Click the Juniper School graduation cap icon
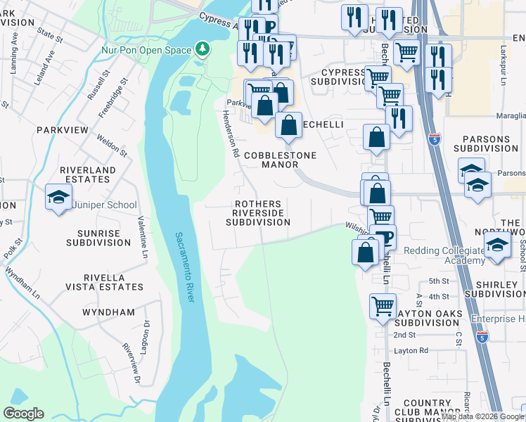[x=58, y=196]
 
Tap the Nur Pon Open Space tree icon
[x=203, y=49]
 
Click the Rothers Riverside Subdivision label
[x=258, y=213]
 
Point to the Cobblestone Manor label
[x=280, y=160]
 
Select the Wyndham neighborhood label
[x=108, y=312]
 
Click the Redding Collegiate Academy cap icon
[x=497, y=245]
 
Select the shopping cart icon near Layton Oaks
[x=382, y=306]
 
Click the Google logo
[x=23, y=414]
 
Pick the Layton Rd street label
[x=411, y=350]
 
